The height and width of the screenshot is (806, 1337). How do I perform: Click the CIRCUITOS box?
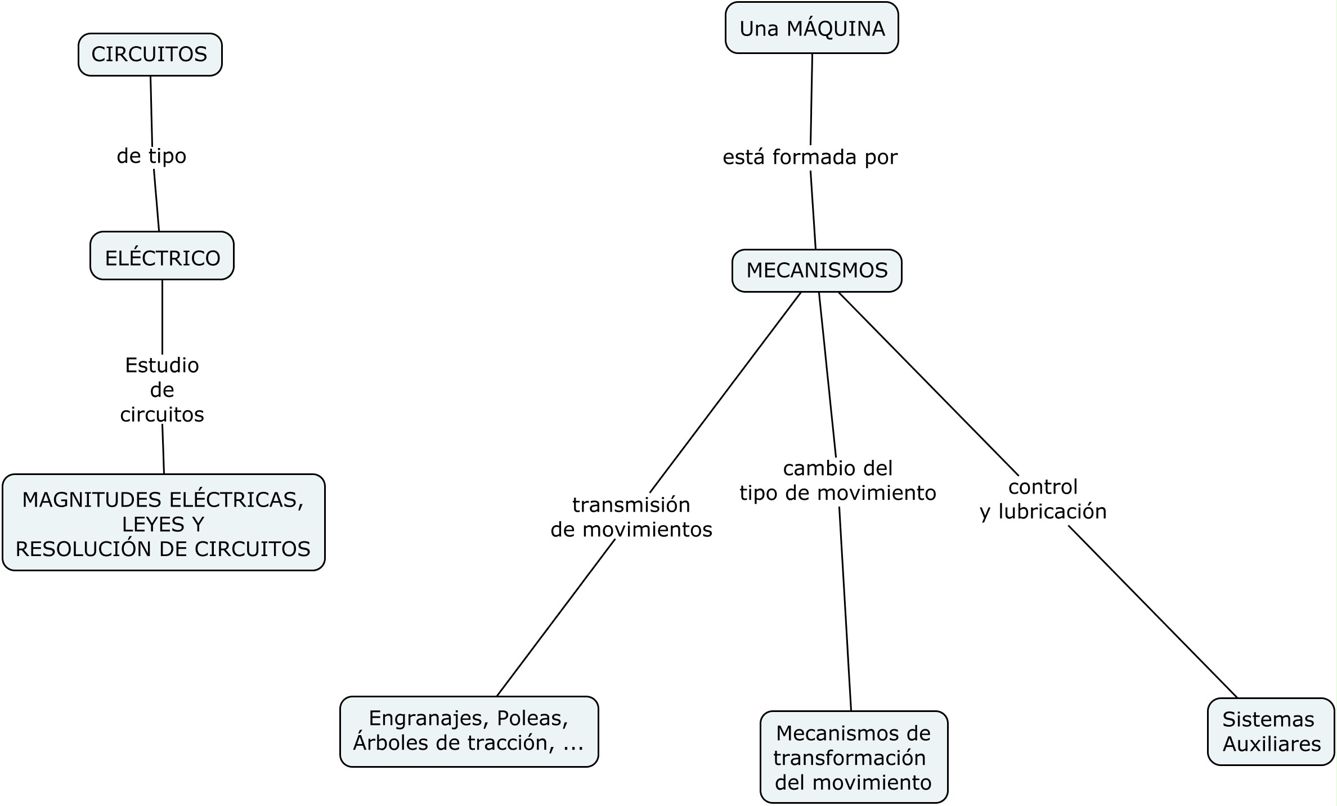tap(150, 55)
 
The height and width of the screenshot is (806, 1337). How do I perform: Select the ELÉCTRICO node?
tap(162, 256)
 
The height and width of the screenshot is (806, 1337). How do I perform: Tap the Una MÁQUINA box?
tap(811, 28)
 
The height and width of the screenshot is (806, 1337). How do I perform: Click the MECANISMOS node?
tap(817, 271)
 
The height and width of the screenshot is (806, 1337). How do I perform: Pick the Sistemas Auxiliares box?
tap(1271, 732)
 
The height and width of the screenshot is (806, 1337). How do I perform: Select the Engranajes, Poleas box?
tap(469, 732)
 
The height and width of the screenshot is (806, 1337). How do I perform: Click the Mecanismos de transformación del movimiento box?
tap(854, 757)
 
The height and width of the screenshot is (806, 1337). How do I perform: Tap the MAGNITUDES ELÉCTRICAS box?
tap(164, 523)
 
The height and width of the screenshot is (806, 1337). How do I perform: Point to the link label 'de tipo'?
tap(151, 156)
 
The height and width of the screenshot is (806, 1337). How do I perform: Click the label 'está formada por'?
tap(810, 158)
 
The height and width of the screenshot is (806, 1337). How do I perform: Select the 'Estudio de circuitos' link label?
tap(162, 389)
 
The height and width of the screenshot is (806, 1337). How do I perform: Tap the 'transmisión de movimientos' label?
tap(631, 517)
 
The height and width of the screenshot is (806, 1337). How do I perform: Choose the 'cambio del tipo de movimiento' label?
tap(838, 481)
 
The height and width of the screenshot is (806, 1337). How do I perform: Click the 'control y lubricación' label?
tap(1043, 499)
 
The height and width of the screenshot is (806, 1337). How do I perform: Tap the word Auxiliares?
tap(1272, 744)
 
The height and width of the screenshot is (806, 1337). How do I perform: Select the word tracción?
tap(511, 743)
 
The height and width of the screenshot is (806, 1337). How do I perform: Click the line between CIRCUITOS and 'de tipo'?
tap(151, 110)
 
